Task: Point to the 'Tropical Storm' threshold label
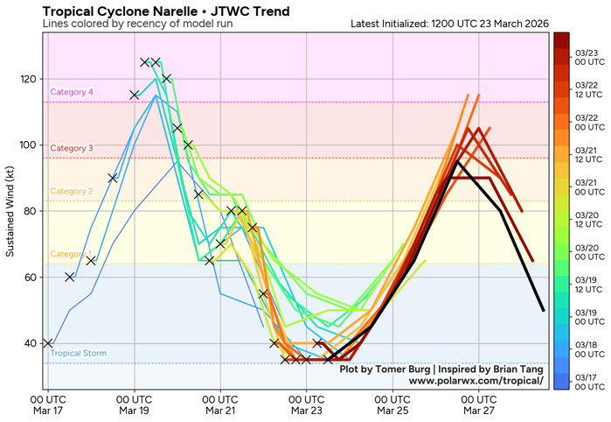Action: point(78,354)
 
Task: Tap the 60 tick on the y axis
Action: point(31,277)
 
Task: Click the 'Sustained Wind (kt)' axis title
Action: point(10,211)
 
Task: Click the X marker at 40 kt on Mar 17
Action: point(48,343)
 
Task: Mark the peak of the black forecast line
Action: point(457,161)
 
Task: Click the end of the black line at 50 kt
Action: point(544,310)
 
